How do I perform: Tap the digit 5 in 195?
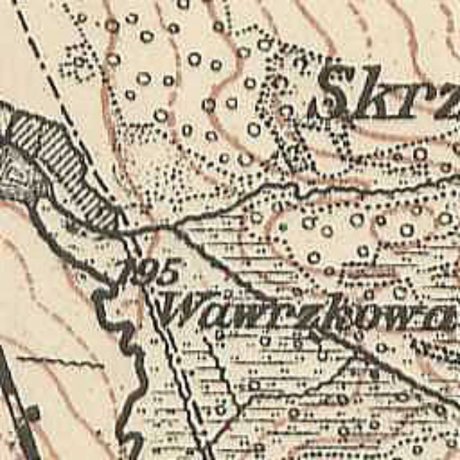click(x=168, y=272)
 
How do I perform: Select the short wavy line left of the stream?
click(x=59, y=362)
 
